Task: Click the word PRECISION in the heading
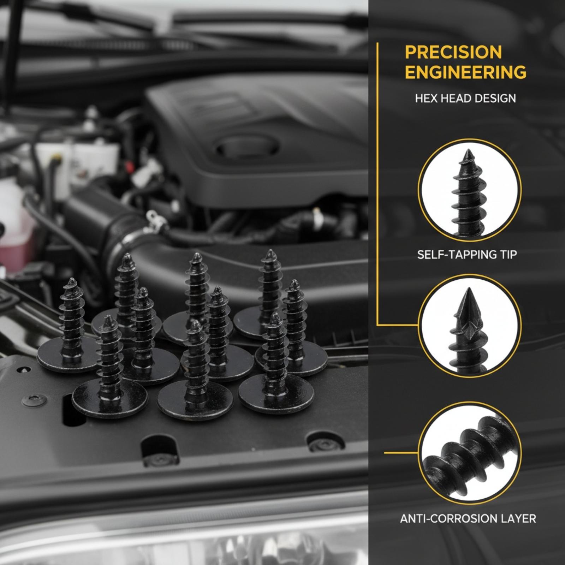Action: coord(453,52)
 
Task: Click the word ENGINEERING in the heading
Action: coord(465,72)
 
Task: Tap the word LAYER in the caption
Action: coord(518,518)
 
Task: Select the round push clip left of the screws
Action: coord(34,400)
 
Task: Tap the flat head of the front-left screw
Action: coord(109,399)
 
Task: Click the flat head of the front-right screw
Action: coord(276,394)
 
